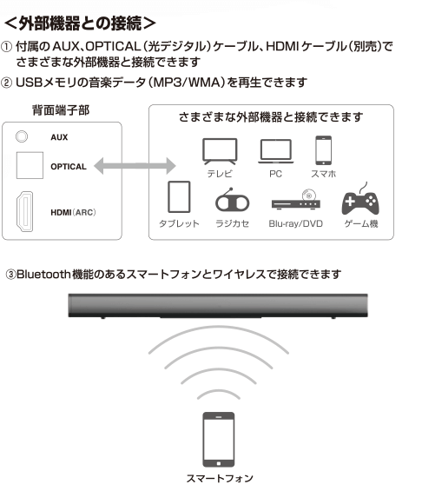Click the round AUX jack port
tap(22, 136)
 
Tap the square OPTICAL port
tap(30, 165)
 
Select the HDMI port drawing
tap(24, 212)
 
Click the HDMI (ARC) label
tap(73, 213)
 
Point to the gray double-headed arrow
tap(135, 166)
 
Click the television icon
tap(220, 151)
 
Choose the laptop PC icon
tap(275, 151)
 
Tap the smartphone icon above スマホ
tap(324, 150)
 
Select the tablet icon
tap(179, 197)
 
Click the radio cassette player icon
tap(232, 200)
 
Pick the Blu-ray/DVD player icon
tap(296, 200)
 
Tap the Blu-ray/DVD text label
tap(296, 223)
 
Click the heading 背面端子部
tap(61, 110)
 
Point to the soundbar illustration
tap(218, 306)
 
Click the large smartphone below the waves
tap(219, 440)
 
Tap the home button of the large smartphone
tap(219, 463)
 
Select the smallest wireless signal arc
tap(219, 393)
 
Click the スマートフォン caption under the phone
tap(220, 478)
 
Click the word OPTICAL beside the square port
tap(69, 167)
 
